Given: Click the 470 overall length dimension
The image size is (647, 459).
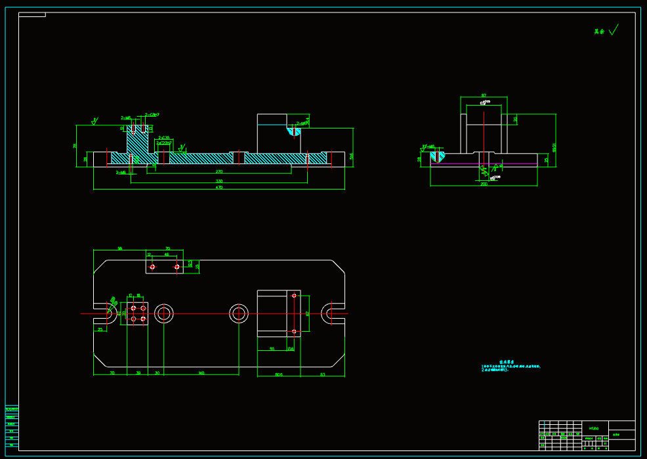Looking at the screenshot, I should tap(219, 188).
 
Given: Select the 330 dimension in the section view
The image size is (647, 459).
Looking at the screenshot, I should tap(219, 180).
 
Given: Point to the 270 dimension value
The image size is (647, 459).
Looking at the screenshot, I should tap(219, 171).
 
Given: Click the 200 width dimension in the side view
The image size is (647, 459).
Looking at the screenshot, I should tap(484, 184).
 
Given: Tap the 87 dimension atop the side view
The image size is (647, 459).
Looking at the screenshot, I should tap(484, 96).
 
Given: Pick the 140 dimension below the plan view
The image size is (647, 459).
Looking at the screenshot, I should tap(201, 373).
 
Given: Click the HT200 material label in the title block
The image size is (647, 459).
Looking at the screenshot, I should tap(594, 428).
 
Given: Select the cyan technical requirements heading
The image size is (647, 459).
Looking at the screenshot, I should tap(507, 361).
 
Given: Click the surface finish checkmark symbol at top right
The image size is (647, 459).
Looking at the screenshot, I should tap(614, 30).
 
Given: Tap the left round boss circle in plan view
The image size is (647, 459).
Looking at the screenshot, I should tap(163, 313).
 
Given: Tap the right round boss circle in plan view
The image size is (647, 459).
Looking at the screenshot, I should tap(239, 313).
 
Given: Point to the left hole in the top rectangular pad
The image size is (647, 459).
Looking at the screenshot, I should tap(152, 267).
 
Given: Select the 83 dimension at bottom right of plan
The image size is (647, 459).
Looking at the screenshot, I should tap(322, 374).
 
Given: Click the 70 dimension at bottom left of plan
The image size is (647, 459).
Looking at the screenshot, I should tap(112, 373).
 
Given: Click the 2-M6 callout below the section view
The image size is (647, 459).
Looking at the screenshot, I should tap(121, 172).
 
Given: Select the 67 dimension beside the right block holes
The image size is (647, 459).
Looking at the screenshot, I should tap(307, 313).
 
